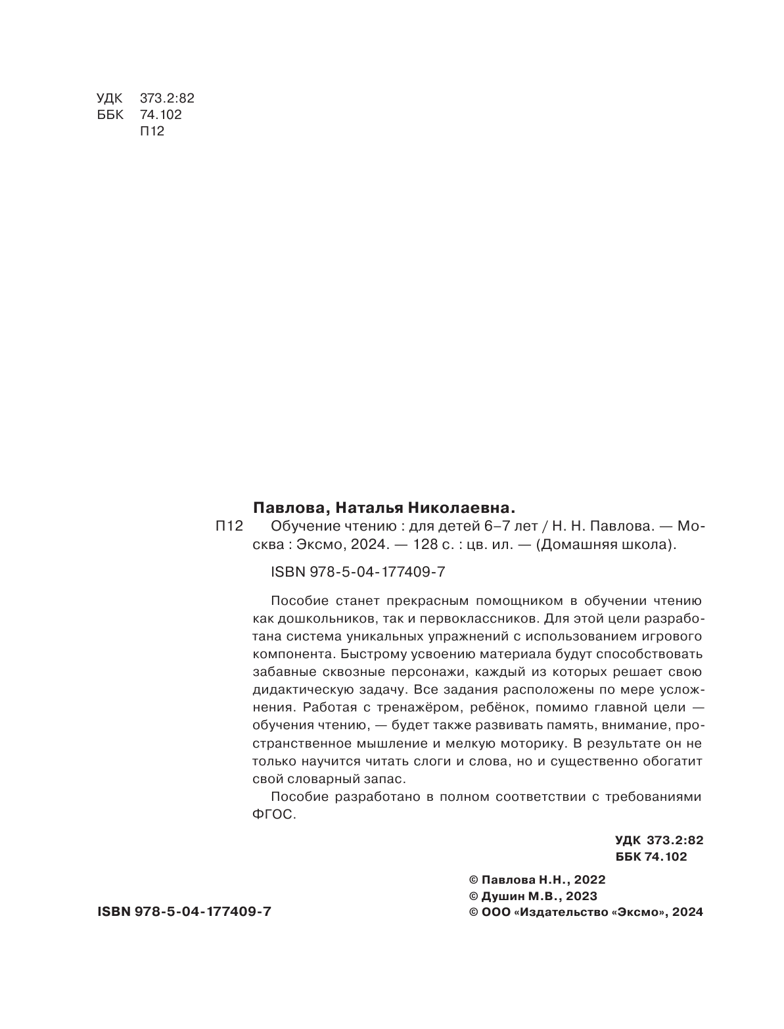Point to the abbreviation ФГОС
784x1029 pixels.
[x=275, y=815]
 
